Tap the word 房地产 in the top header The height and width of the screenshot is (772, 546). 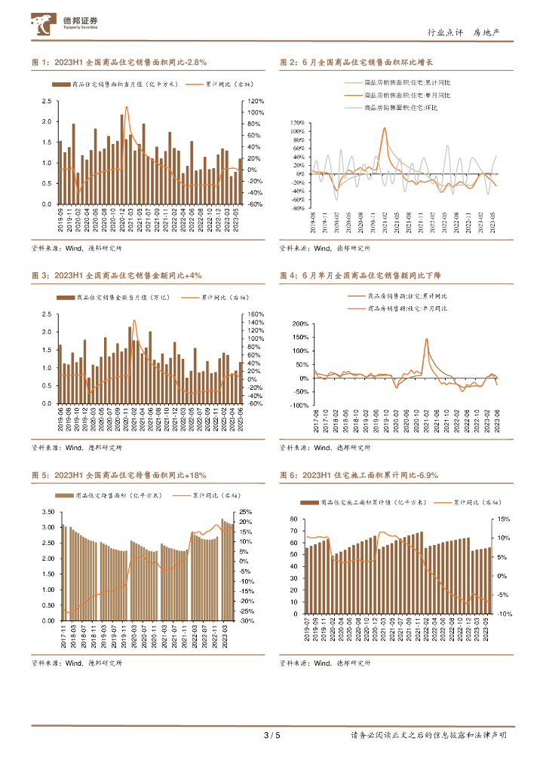point(486,32)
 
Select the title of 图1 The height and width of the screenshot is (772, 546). point(119,63)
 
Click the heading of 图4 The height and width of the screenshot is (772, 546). point(356,276)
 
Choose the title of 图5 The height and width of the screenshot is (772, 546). point(119,476)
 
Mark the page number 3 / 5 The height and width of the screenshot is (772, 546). point(271,735)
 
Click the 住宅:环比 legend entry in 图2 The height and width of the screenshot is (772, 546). point(406,108)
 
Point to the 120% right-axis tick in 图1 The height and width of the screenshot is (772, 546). point(255,101)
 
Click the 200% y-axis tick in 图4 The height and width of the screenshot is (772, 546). point(299,324)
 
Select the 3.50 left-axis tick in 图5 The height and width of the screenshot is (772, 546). point(48,512)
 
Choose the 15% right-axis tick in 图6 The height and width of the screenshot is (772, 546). point(505,519)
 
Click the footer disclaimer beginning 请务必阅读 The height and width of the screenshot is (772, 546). point(428,735)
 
